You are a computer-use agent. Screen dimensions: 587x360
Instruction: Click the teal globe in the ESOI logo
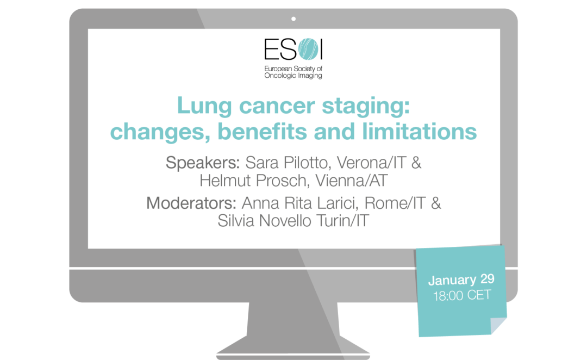[309, 49]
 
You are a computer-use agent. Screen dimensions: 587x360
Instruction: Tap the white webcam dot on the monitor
[293, 18]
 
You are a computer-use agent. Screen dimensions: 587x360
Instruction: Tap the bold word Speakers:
[203, 163]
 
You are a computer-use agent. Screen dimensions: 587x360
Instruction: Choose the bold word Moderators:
[191, 203]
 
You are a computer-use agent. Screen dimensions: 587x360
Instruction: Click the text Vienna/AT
[351, 181]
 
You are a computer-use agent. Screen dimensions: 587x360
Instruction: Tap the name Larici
[338, 203]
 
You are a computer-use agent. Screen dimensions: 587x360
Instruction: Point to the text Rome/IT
[395, 203]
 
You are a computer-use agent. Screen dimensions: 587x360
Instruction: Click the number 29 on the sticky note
[488, 279]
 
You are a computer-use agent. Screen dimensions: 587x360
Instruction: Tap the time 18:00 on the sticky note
[448, 296]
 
